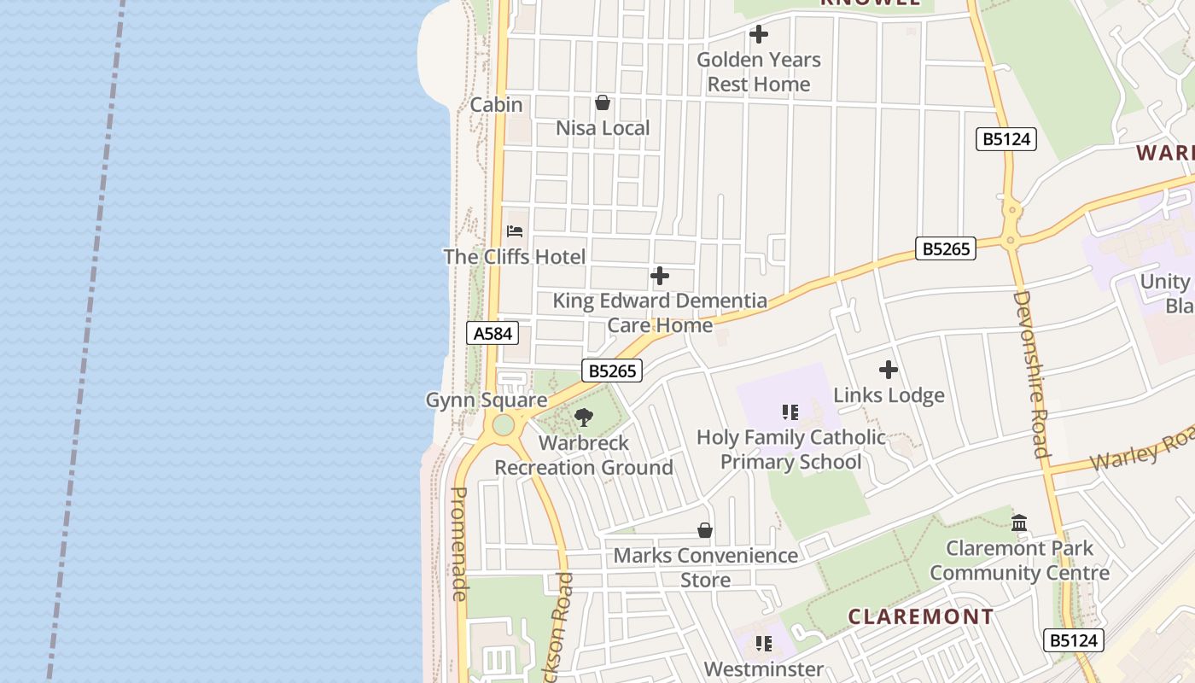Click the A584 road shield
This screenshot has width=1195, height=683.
click(x=493, y=333)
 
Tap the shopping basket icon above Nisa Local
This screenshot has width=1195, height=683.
click(x=603, y=103)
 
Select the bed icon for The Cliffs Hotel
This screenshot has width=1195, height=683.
click(x=515, y=231)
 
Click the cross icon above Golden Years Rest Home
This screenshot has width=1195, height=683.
click(x=758, y=35)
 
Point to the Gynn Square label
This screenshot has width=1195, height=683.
click(x=487, y=400)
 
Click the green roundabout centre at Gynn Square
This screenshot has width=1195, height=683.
click(x=504, y=424)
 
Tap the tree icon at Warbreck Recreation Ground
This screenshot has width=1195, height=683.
click(x=584, y=417)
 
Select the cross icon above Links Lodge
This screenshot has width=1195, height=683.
click(x=889, y=371)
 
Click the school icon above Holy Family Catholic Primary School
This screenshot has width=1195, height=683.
click(x=790, y=413)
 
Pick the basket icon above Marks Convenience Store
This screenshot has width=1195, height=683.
click(x=705, y=531)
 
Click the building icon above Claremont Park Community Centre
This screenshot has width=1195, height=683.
click(x=1019, y=522)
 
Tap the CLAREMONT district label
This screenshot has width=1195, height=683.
click(x=921, y=616)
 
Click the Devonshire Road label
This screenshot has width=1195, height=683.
click(x=1030, y=374)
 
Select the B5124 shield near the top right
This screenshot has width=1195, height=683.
click(x=1006, y=139)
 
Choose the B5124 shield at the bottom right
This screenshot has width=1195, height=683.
click(x=1074, y=640)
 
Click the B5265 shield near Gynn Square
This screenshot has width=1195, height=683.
click(x=612, y=371)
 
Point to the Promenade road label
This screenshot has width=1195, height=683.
click(x=459, y=544)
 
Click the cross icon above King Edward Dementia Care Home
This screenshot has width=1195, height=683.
click(x=660, y=276)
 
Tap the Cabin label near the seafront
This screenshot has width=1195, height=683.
click(x=496, y=105)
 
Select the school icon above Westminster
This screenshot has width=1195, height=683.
click(x=763, y=644)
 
